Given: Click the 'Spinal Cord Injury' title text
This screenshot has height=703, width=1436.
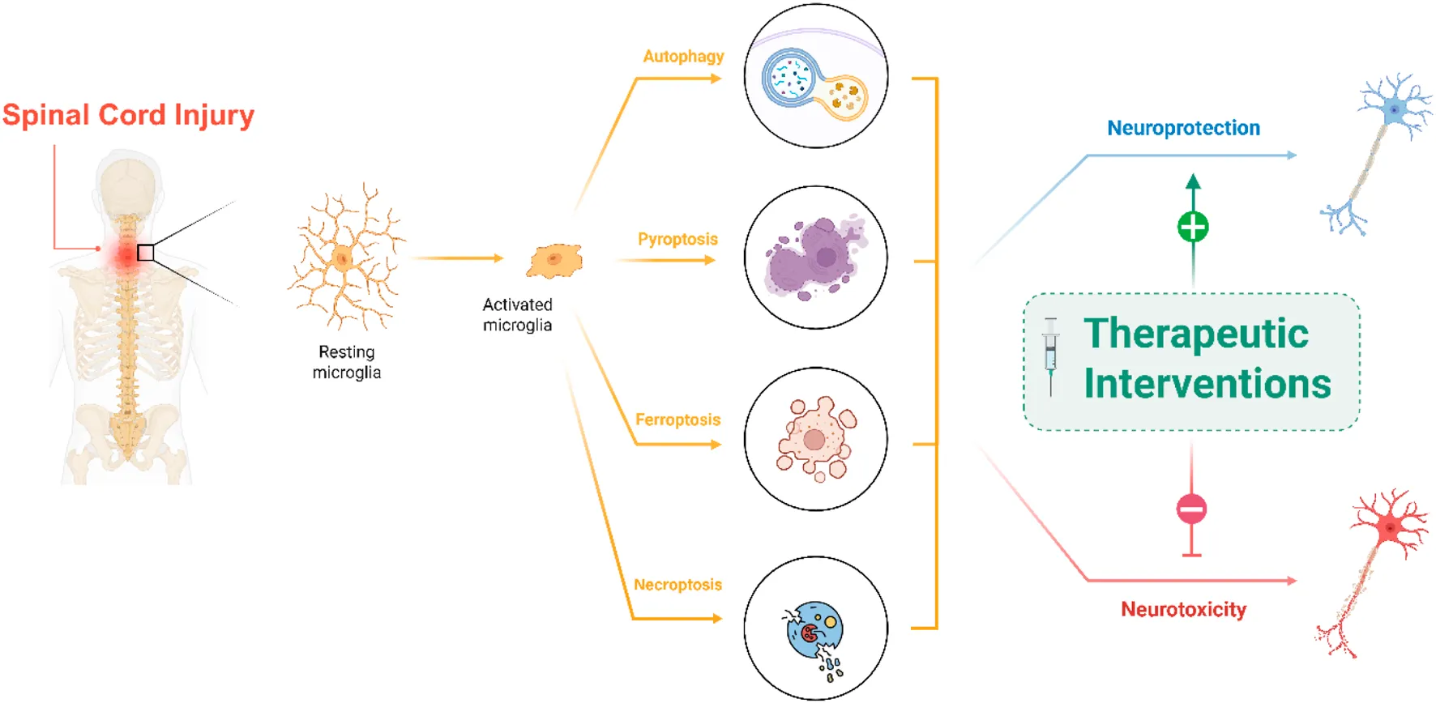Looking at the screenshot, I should point(128,115).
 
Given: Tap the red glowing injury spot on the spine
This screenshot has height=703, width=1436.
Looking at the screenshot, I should point(126,256).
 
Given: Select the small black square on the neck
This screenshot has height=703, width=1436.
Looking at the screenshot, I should point(145,253).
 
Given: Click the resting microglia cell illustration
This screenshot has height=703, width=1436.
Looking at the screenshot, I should point(344,258).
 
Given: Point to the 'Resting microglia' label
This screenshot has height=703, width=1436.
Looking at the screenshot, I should point(347,362).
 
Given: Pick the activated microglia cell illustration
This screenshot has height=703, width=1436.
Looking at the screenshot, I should point(555,260).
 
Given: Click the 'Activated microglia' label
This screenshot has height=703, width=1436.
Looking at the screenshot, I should point(517,315).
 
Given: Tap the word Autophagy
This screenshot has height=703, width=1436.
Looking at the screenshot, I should point(683,57).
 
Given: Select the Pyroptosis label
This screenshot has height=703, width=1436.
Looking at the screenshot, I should point(677,239).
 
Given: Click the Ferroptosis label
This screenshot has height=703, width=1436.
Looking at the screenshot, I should point(677,420).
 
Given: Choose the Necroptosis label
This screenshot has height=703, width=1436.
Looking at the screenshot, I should point(677,585).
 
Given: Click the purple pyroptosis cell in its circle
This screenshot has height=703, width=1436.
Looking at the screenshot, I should point(813,258).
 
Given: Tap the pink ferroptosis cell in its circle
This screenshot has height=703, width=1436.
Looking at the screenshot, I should point(815,440).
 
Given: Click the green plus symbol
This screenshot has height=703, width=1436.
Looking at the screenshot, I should point(1192,227).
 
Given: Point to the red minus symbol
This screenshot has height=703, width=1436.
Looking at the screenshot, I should point(1191,509).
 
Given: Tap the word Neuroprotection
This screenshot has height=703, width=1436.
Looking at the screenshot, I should point(1183,128).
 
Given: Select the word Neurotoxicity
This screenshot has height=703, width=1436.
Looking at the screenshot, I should point(1183,609).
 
